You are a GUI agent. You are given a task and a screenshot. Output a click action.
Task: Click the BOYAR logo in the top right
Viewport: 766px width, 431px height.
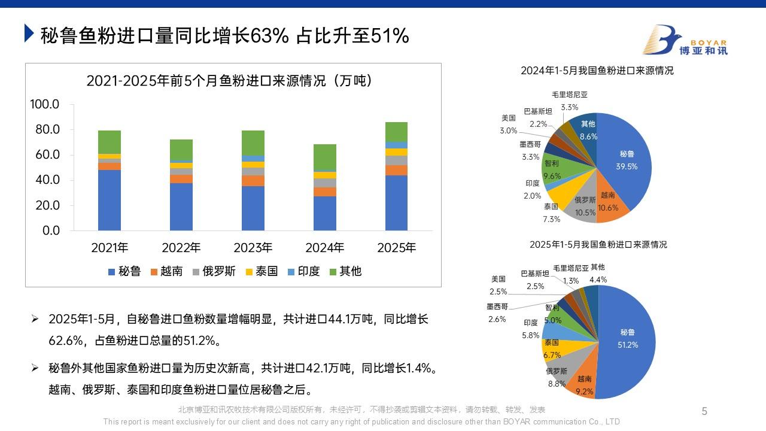click(x=685, y=41)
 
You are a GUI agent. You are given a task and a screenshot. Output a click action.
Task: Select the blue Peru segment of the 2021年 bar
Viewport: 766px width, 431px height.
click(x=110, y=200)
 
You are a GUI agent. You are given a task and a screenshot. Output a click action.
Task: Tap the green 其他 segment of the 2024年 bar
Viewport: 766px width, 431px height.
click(x=325, y=158)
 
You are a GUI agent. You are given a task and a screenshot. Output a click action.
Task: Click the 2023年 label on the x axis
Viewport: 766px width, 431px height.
click(x=253, y=247)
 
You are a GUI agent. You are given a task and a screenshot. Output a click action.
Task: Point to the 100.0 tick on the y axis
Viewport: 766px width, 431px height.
click(x=45, y=105)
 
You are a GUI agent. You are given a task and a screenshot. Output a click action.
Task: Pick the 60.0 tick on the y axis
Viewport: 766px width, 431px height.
click(x=45, y=155)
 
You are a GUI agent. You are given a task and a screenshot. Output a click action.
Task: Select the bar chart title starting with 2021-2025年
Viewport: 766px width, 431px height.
click(x=229, y=81)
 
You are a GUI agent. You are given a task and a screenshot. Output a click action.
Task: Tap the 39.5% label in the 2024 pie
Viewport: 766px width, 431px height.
click(x=627, y=166)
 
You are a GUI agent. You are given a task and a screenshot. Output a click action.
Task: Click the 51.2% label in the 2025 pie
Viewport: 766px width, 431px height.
click(x=628, y=345)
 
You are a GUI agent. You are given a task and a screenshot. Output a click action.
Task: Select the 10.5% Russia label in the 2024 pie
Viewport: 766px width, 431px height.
click(x=585, y=212)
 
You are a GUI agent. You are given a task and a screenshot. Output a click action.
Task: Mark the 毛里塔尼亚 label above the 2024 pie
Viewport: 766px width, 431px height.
click(x=570, y=95)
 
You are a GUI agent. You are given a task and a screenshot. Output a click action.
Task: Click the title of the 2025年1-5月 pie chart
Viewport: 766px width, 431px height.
click(x=598, y=244)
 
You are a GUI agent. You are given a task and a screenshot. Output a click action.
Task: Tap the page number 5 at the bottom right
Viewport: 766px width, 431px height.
click(x=704, y=411)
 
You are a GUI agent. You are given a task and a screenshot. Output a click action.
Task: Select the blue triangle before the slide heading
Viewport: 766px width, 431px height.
click(x=29, y=34)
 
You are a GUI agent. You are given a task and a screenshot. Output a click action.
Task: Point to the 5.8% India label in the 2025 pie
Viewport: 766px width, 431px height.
click(x=531, y=335)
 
